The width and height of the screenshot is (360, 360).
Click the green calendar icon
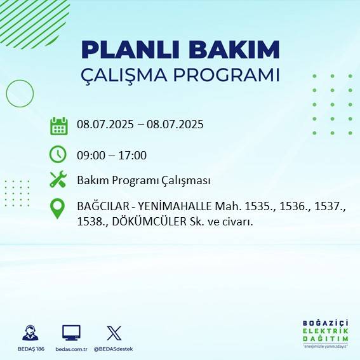[58, 126]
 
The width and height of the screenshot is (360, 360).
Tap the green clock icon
[58, 154]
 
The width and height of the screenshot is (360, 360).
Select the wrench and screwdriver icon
[58, 180]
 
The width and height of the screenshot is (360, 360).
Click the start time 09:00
[90, 156]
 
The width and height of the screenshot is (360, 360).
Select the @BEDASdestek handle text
[114, 349]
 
